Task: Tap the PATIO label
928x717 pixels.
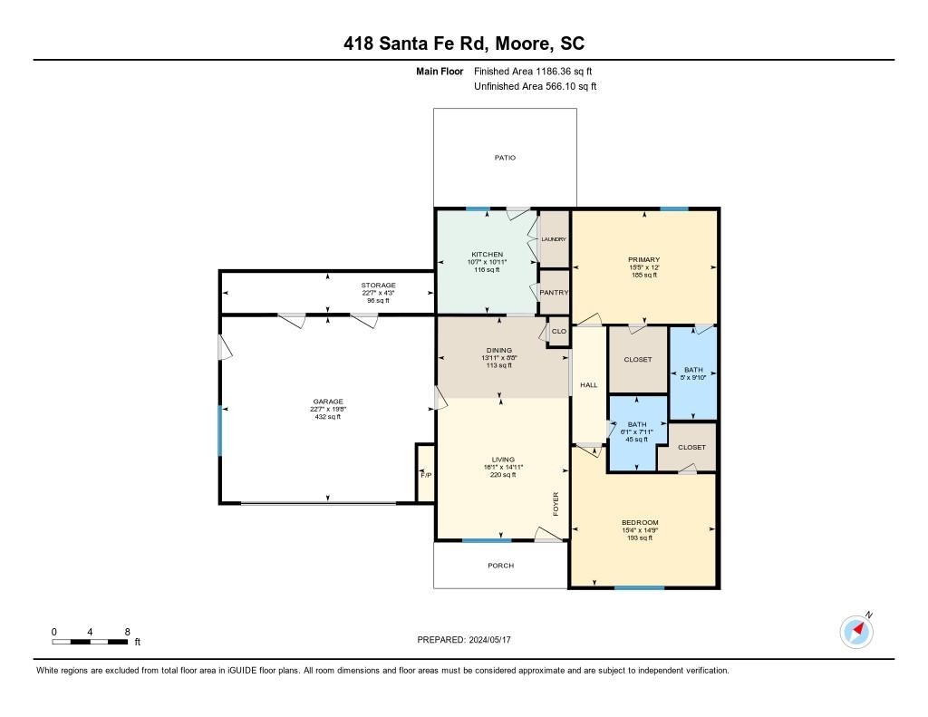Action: (505, 158)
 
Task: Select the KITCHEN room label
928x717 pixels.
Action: (487, 254)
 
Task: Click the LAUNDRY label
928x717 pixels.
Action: (554, 239)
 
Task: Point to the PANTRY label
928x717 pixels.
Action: (554, 293)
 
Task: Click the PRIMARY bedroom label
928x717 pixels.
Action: (643, 257)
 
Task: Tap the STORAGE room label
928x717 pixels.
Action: (378, 286)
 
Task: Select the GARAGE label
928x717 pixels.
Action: (327, 402)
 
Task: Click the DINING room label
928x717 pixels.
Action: (498, 350)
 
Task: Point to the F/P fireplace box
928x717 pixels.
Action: (425, 474)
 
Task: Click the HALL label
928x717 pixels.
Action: (589, 385)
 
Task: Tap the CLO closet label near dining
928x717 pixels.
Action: (559, 332)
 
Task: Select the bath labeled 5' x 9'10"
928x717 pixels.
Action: (692, 370)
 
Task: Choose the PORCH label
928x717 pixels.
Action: (500, 566)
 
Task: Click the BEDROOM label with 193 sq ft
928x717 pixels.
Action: (640, 522)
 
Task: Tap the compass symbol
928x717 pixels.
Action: (856, 631)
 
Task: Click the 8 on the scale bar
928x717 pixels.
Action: (128, 631)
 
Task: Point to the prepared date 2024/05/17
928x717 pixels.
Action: (464, 639)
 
